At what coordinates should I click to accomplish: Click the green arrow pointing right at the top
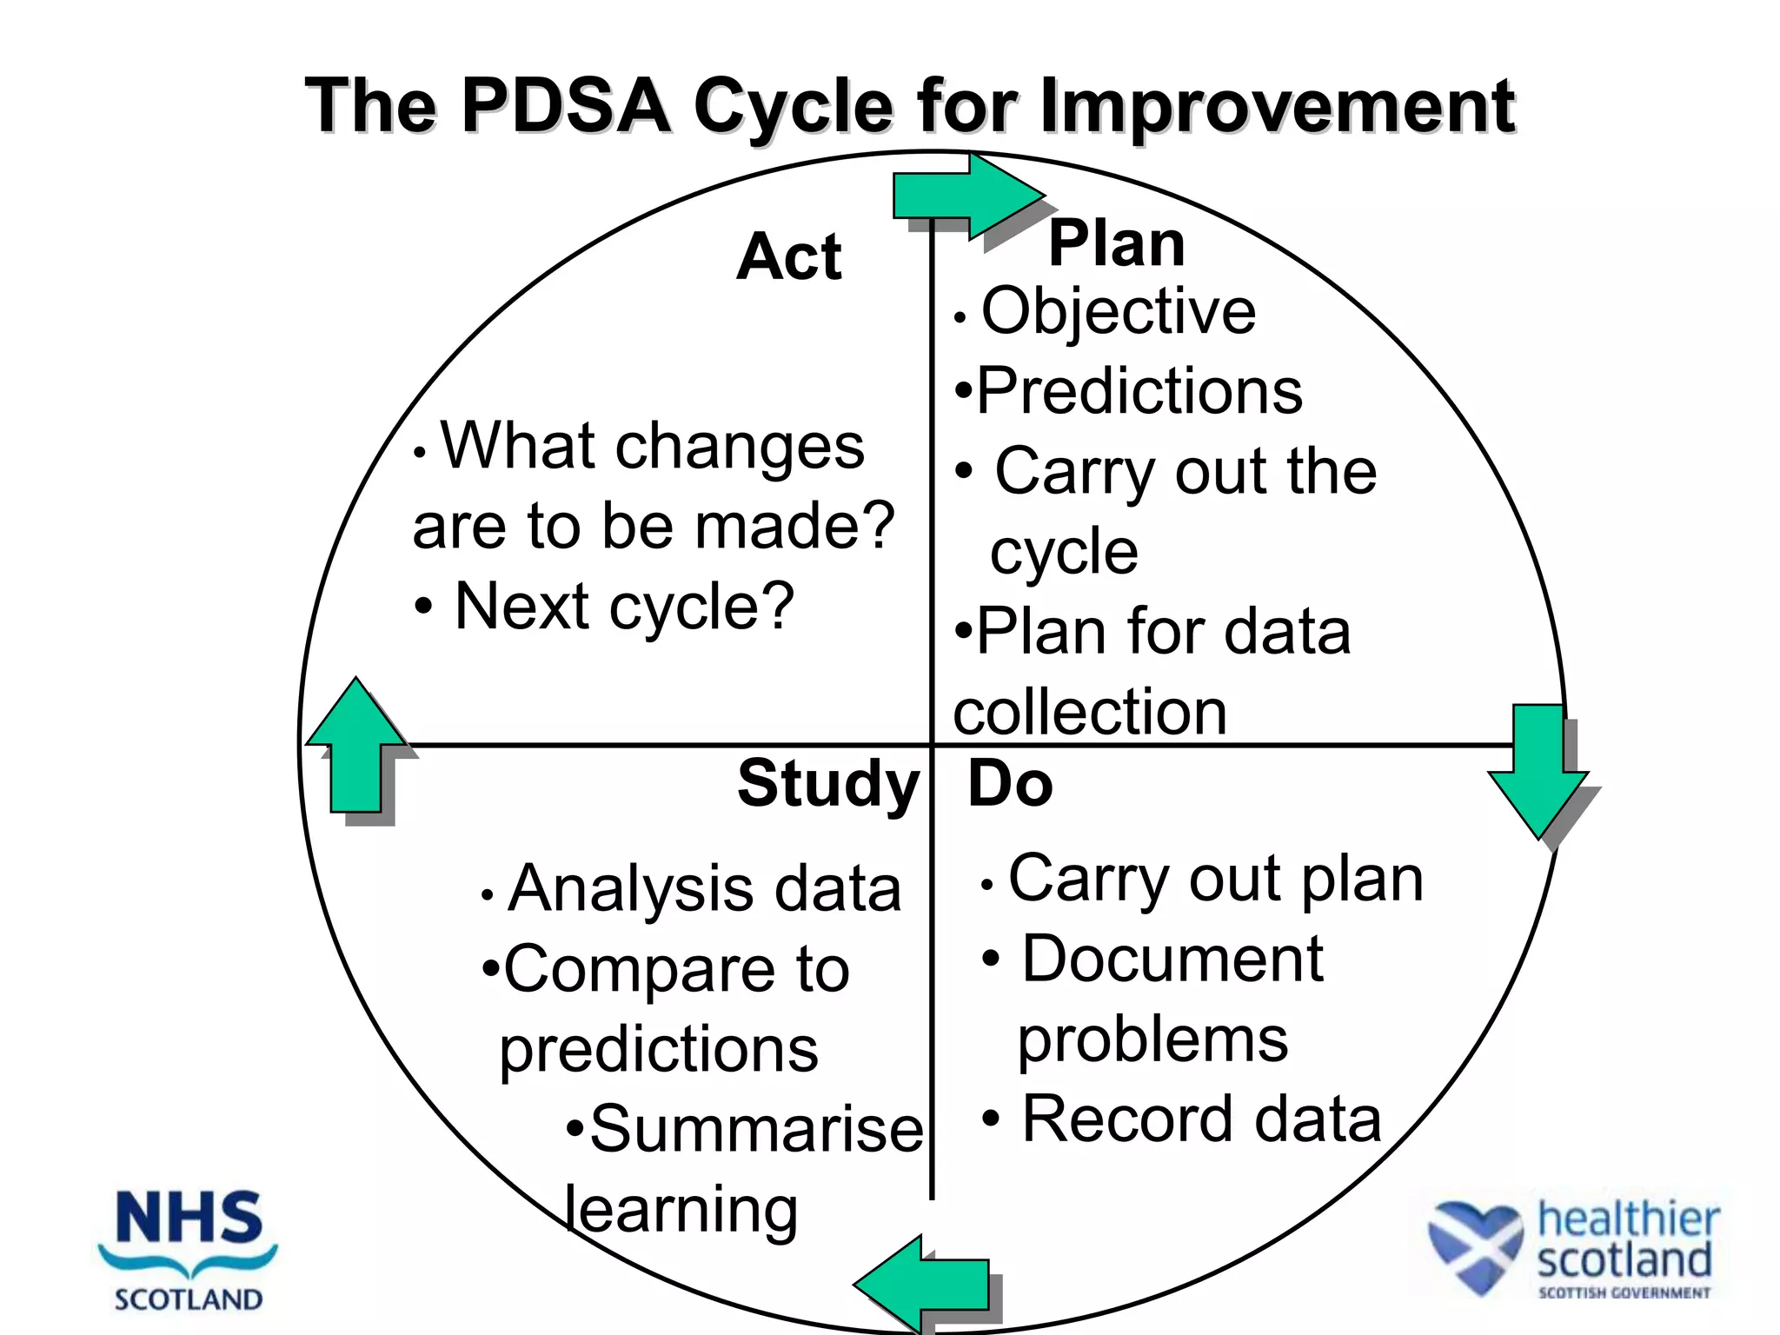click(x=965, y=196)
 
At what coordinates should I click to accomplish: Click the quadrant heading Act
click(x=788, y=257)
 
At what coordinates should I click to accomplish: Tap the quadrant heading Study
click(x=827, y=784)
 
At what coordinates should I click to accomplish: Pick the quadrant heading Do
click(x=1010, y=784)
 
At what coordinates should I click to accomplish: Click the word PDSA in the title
click(x=566, y=106)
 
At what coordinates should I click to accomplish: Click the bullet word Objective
click(x=1119, y=311)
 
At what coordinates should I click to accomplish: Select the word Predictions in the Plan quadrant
click(x=1139, y=391)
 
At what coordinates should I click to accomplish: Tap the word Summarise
click(x=755, y=1129)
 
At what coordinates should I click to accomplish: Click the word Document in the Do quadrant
click(x=1172, y=960)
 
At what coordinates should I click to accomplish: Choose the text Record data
click(x=1201, y=1119)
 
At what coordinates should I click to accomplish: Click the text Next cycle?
click(x=624, y=607)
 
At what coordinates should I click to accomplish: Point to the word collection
click(x=1090, y=712)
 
